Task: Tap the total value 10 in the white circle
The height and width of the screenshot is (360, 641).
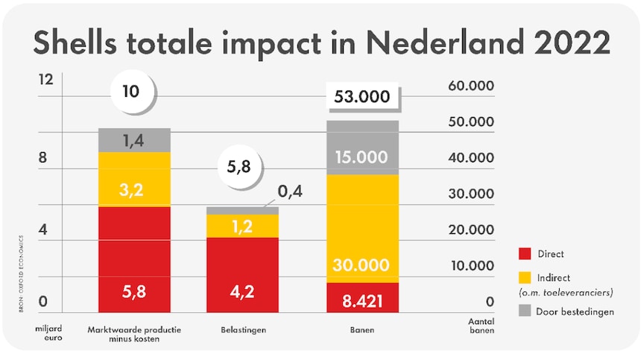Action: tap(131, 92)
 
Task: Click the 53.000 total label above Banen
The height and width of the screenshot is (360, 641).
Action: tap(363, 97)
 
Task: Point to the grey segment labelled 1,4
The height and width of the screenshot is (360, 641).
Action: tap(135, 139)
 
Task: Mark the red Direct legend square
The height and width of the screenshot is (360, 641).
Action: tap(525, 254)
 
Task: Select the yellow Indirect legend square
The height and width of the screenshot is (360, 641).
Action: tap(525, 277)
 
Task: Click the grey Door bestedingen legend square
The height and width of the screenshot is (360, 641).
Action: tap(525, 312)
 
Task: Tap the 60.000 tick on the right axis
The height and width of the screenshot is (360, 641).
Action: tap(471, 86)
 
